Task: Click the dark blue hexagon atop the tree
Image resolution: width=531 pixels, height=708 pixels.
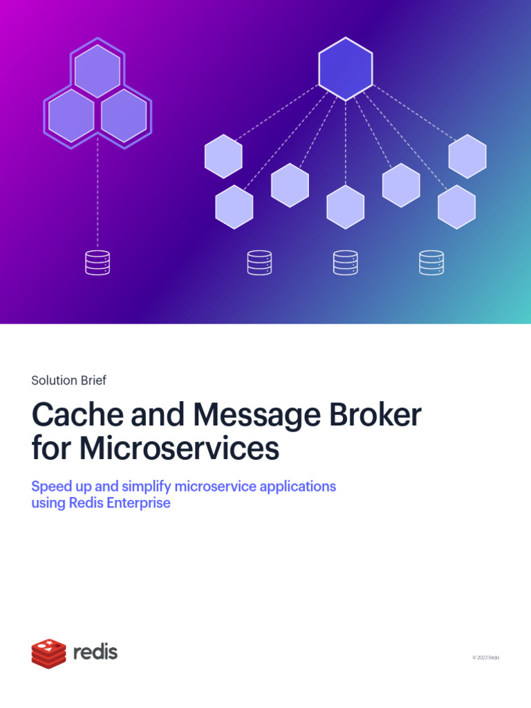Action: [x=346, y=68]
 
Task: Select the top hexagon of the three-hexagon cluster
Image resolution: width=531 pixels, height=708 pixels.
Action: [x=97, y=71]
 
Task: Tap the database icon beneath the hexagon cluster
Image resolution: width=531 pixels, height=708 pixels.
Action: [x=97, y=262]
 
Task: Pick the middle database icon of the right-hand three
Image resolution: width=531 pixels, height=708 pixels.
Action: [x=346, y=262]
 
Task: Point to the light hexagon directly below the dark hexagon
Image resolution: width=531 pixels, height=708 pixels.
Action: [x=346, y=207]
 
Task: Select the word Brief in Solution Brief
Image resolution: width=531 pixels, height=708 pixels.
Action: [x=94, y=380]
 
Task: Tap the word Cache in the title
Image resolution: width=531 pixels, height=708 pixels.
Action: [x=77, y=415]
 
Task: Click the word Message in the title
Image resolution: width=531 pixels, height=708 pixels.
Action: [x=257, y=416]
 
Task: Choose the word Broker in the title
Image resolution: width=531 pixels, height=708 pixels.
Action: [x=375, y=415]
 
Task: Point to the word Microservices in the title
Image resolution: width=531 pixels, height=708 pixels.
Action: [x=179, y=448]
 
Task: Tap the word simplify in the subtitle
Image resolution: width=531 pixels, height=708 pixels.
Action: [x=147, y=487]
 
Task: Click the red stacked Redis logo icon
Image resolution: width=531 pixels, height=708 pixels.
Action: [x=49, y=653]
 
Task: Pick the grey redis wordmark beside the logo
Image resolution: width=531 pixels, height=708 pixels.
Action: [x=95, y=652]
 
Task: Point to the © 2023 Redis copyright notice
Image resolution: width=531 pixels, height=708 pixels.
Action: [x=486, y=658]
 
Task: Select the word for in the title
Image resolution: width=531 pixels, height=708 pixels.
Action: [x=51, y=448]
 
